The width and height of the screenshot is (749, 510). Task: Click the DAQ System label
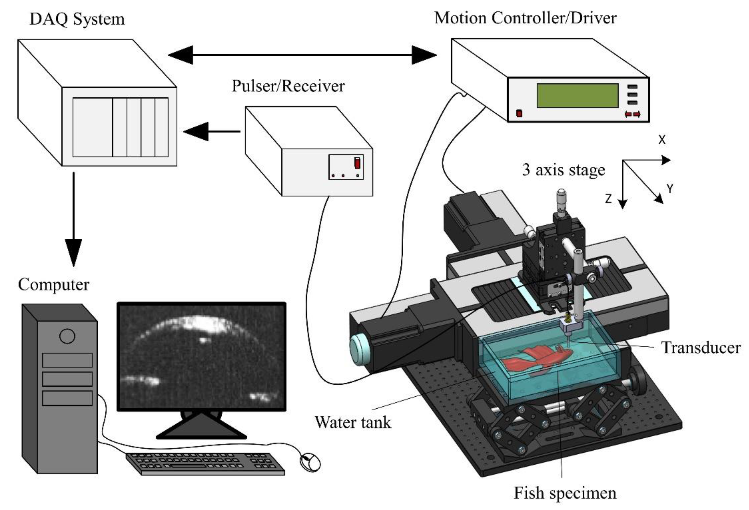point(77,19)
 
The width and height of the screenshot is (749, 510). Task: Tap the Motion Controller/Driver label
point(526,18)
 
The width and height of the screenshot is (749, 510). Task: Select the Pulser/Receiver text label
point(288,86)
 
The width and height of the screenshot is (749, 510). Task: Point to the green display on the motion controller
point(577,95)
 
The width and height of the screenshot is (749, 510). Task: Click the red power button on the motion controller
point(519,113)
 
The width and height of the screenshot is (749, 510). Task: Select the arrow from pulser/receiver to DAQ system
point(212,131)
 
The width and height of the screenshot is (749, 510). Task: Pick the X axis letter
point(662,140)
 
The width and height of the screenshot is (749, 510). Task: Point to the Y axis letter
point(670,188)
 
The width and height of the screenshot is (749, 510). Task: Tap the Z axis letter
point(608,199)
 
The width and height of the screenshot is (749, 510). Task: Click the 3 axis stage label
point(563,170)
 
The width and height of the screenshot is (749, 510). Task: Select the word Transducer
point(701,348)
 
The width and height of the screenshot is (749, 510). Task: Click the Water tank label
point(353,422)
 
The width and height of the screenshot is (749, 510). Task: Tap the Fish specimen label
point(565,493)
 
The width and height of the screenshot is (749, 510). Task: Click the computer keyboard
point(206,464)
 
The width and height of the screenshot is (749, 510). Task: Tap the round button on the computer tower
point(67,336)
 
